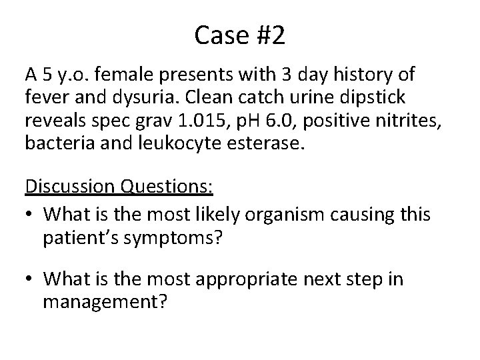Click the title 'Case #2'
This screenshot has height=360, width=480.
click(239, 35)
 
